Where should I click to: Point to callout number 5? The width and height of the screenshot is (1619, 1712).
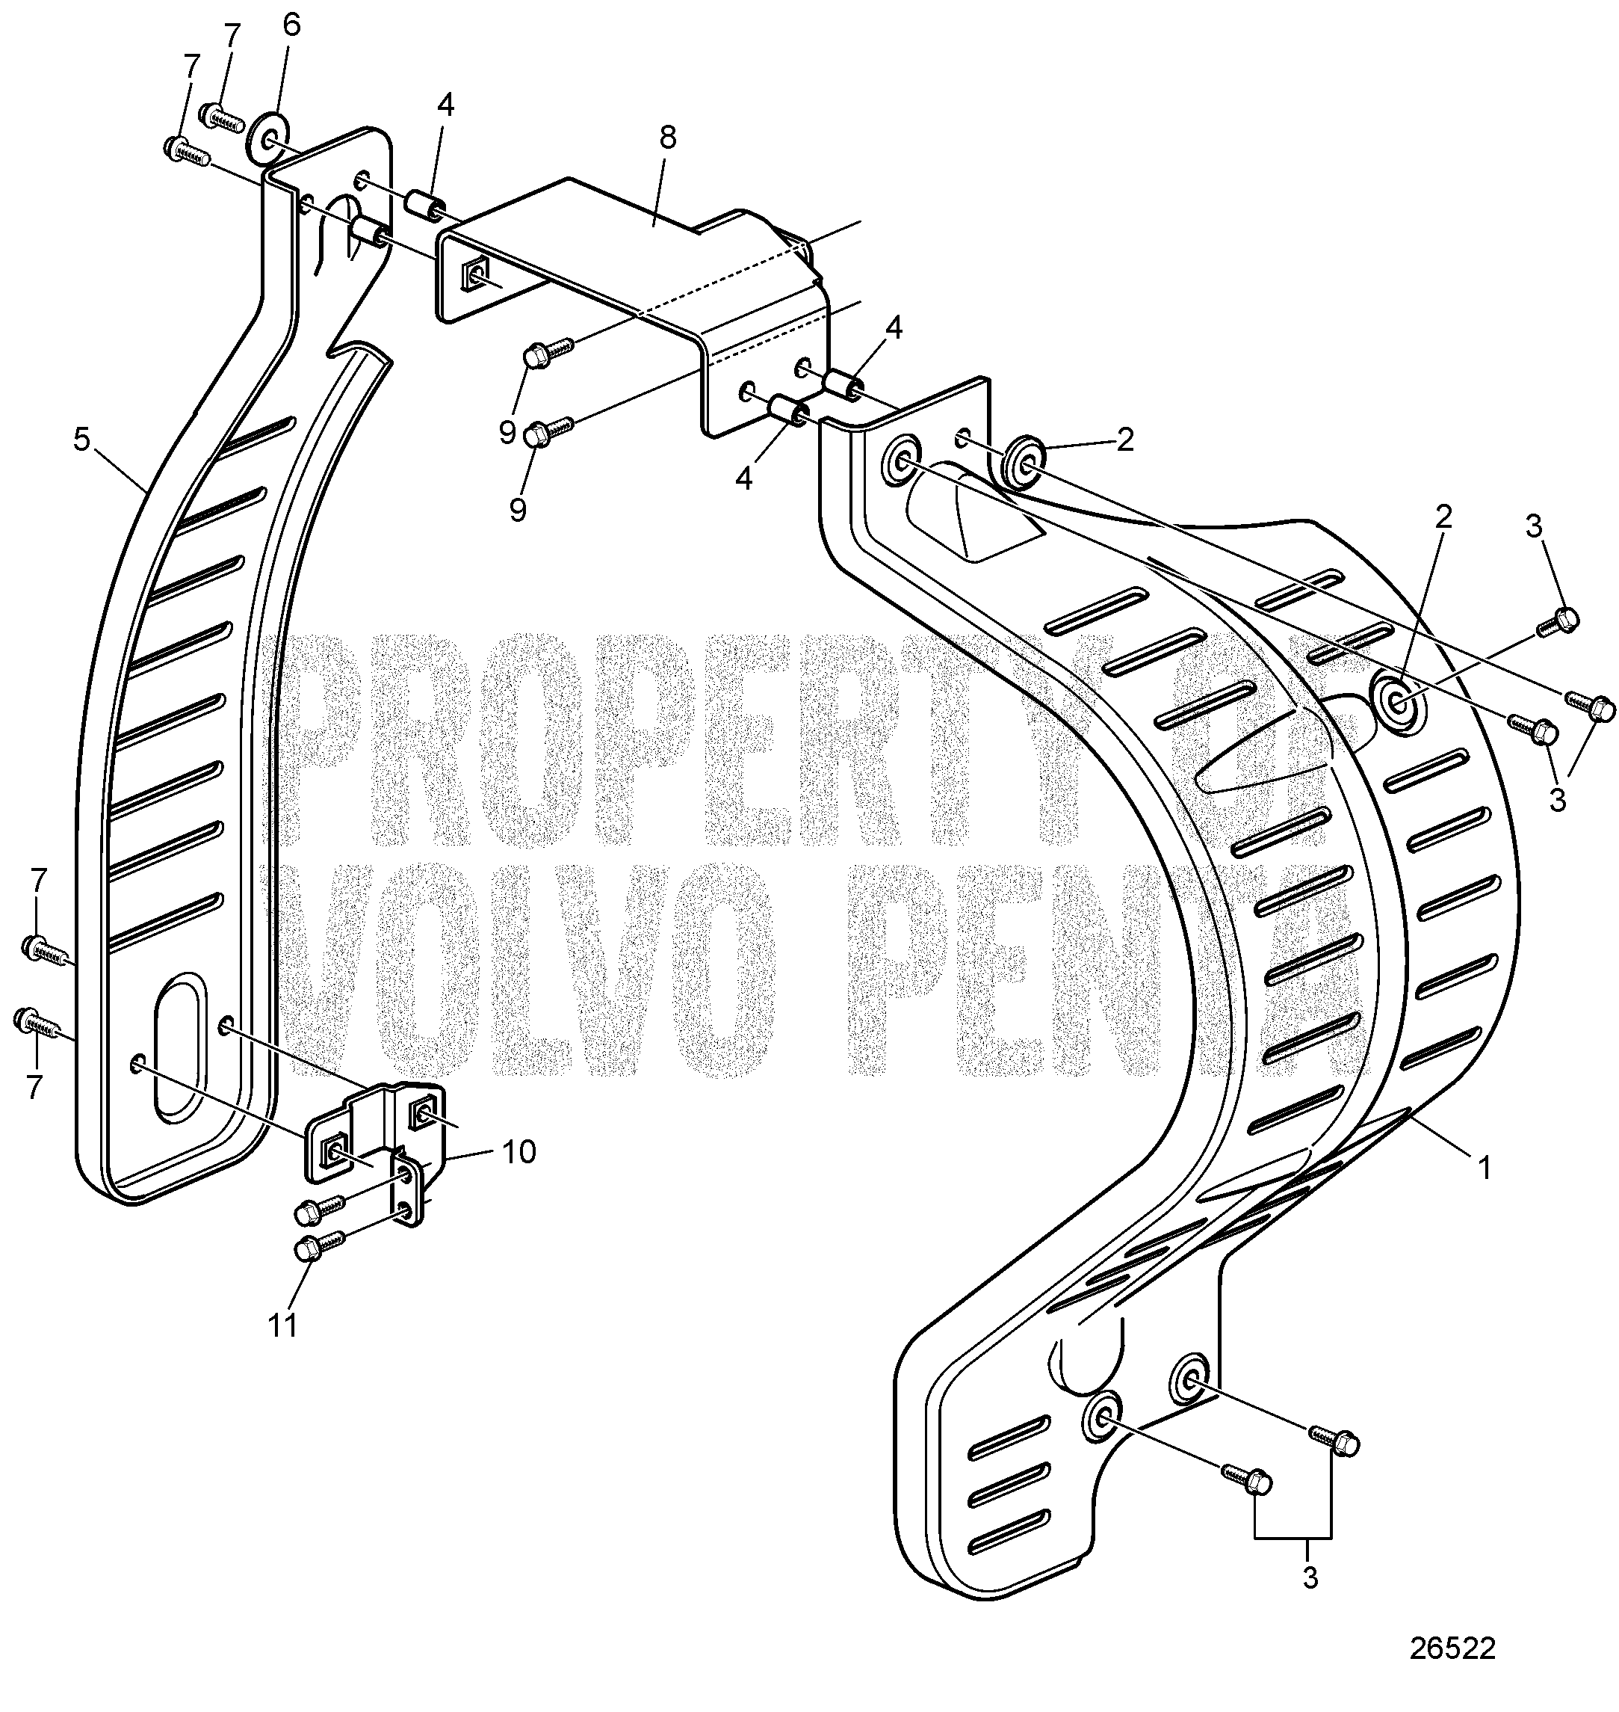tap(81, 440)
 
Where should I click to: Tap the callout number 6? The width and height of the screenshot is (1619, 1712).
tap(291, 25)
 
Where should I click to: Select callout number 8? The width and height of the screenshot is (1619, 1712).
tap(666, 139)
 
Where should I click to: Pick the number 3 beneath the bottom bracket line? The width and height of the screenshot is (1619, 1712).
tap(1310, 1579)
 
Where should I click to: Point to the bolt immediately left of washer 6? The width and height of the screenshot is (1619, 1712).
tap(222, 116)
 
